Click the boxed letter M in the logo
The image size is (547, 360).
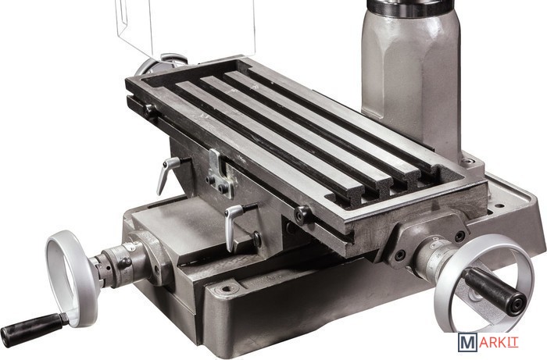pos(467,343)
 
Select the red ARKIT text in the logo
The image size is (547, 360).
pos(499,343)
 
